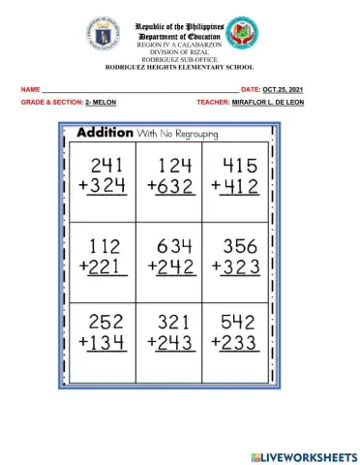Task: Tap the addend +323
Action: (x=234, y=264)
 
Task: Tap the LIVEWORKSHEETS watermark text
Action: (x=310, y=455)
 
